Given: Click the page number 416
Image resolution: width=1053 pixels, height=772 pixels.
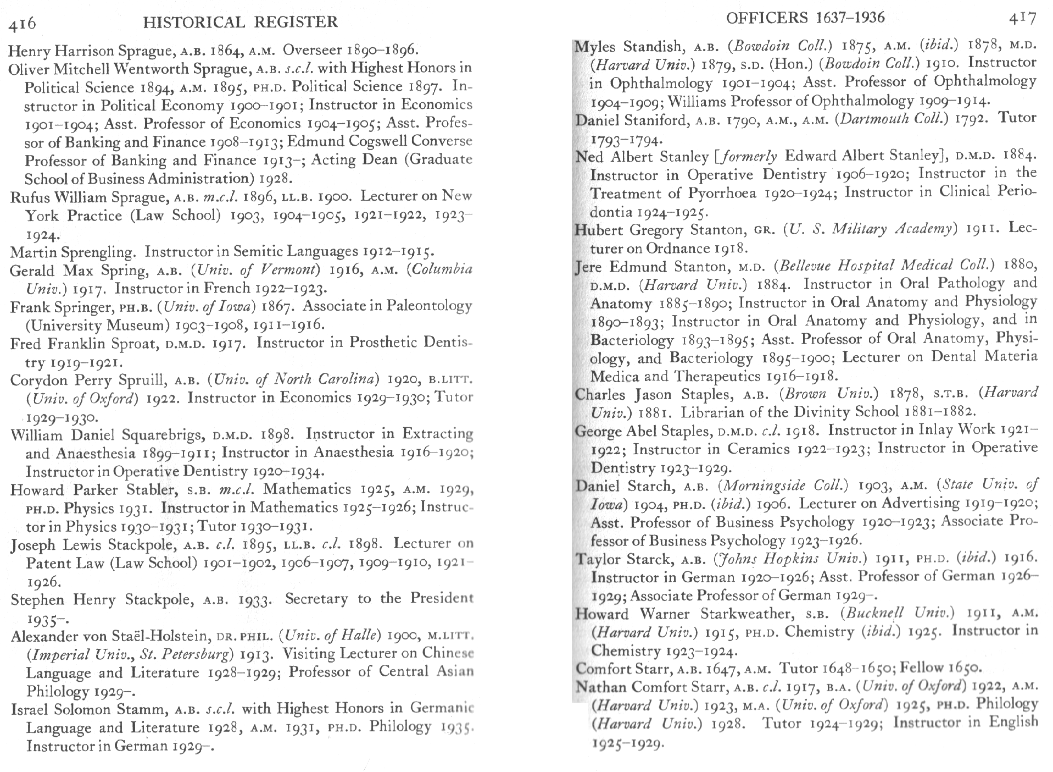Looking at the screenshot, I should coord(22,23).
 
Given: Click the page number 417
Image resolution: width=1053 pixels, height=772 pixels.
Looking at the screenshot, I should coord(1022,19).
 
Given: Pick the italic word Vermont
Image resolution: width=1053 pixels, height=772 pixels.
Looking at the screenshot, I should coord(290,270).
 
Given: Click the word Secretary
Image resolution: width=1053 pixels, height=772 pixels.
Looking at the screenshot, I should coord(316,599).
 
